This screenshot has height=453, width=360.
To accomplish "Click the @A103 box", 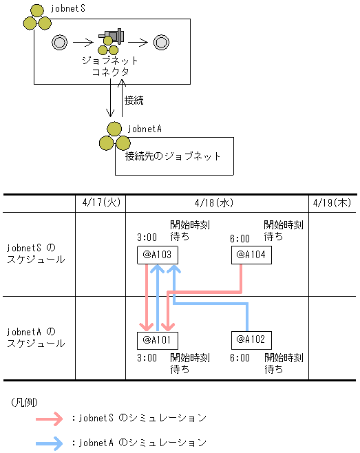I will click(x=158, y=255).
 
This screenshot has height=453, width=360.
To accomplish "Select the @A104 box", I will click(x=251, y=255).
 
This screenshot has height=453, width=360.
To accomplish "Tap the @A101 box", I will click(x=158, y=339).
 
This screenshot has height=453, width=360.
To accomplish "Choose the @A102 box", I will click(x=251, y=339).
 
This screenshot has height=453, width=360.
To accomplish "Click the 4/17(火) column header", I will click(x=100, y=203).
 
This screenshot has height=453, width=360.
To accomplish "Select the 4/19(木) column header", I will click(x=331, y=203).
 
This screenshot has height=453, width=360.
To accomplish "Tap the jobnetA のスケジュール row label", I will click(x=36, y=337).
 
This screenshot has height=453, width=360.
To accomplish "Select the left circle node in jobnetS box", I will click(x=59, y=42).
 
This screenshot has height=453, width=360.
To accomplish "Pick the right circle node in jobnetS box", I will click(x=161, y=42).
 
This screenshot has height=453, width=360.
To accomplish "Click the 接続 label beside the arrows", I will click(x=134, y=101).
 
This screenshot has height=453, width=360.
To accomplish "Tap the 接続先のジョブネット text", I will click(x=173, y=156).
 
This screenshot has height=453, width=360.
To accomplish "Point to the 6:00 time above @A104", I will click(x=240, y=238).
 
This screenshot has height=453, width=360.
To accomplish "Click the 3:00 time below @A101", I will click(x=147, y=358).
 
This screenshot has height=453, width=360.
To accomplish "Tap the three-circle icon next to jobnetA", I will click(x=112, y=136).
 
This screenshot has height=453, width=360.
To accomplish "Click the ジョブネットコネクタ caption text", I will click(x=109, y=66).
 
